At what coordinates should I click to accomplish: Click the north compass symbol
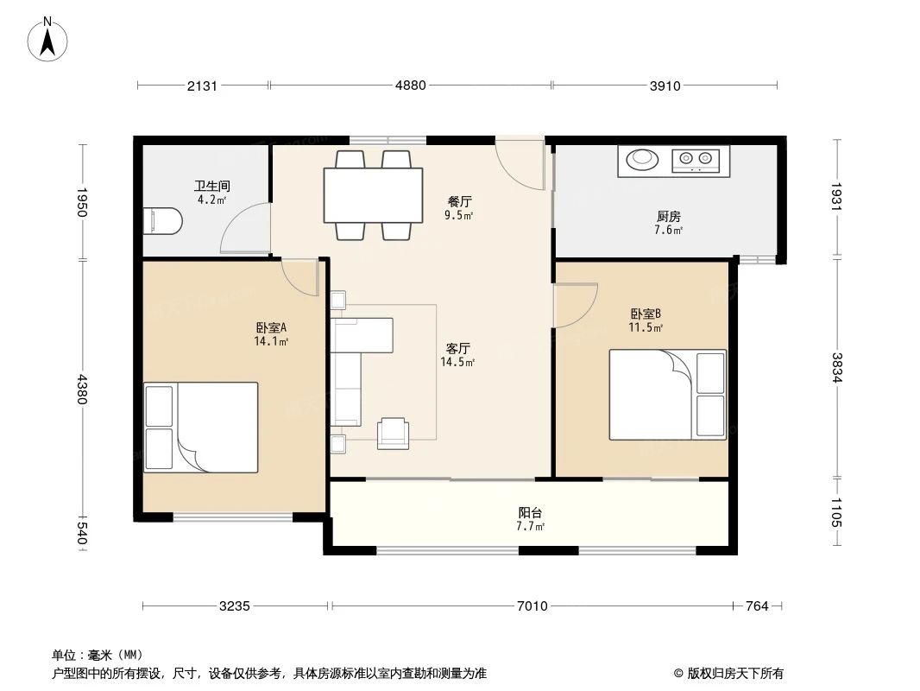[49, 40]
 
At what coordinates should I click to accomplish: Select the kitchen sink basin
[641, 159]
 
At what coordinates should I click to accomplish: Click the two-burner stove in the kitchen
[696, 159]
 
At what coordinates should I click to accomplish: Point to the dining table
[373, 195]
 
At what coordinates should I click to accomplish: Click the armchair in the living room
[394, 432]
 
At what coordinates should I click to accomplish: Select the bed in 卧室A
[201, 427]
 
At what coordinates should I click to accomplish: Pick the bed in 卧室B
[668, 395]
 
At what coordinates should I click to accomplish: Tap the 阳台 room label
[530, 511]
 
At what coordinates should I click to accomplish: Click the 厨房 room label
[668, 216]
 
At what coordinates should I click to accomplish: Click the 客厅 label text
[457, 348]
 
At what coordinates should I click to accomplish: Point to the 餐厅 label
[459, 201]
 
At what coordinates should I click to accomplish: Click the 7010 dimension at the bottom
[532, 606]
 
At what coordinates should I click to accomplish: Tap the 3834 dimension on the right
[835, 368]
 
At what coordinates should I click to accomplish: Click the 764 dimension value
[756, 606]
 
